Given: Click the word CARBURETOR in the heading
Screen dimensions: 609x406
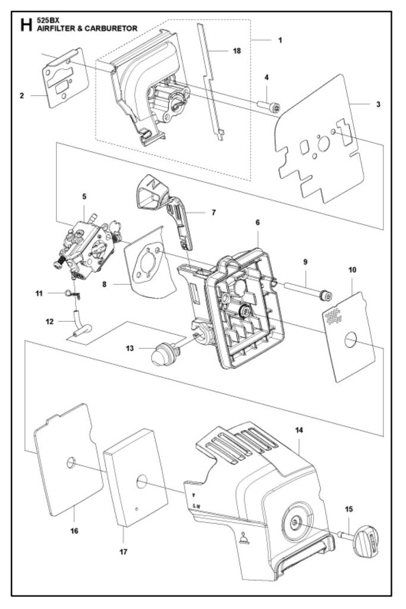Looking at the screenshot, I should [112, 28].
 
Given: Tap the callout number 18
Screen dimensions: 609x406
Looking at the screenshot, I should [237, 51].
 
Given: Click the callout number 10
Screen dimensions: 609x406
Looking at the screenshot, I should [352, 269].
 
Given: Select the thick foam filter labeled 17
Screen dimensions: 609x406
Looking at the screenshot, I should [135, 482].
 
